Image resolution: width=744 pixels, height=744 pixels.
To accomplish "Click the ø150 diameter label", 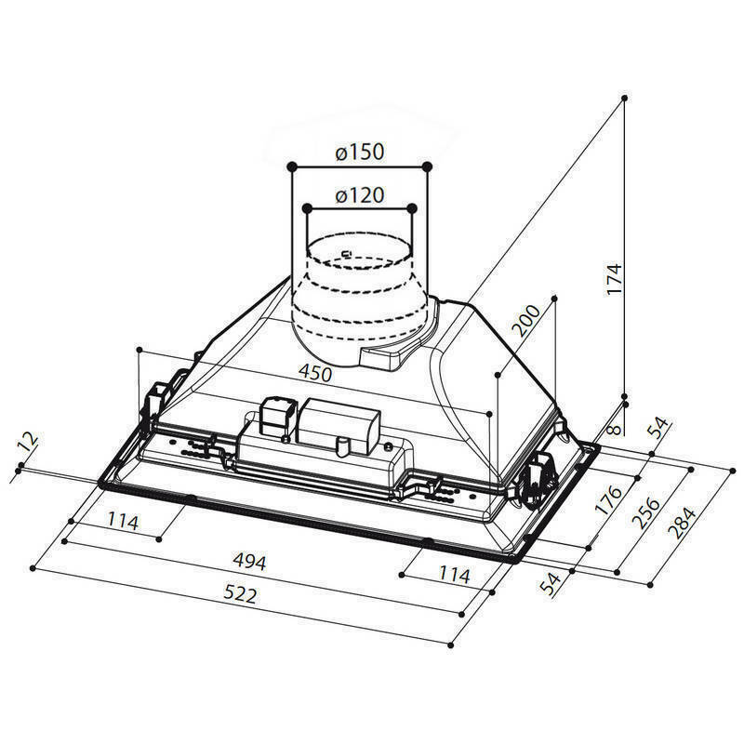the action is (x=360, y=153).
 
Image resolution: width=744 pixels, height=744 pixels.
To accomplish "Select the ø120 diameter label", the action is (x=360, y=195).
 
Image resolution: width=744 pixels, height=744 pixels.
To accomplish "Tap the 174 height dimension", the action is (x=611, y=280).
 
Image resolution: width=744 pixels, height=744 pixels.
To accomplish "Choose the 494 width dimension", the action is (x=250, y=562).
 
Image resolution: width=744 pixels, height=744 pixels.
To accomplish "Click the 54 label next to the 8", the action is (x=658, y=429).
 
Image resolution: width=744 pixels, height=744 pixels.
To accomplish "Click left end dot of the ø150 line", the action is (x=292, y=166).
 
